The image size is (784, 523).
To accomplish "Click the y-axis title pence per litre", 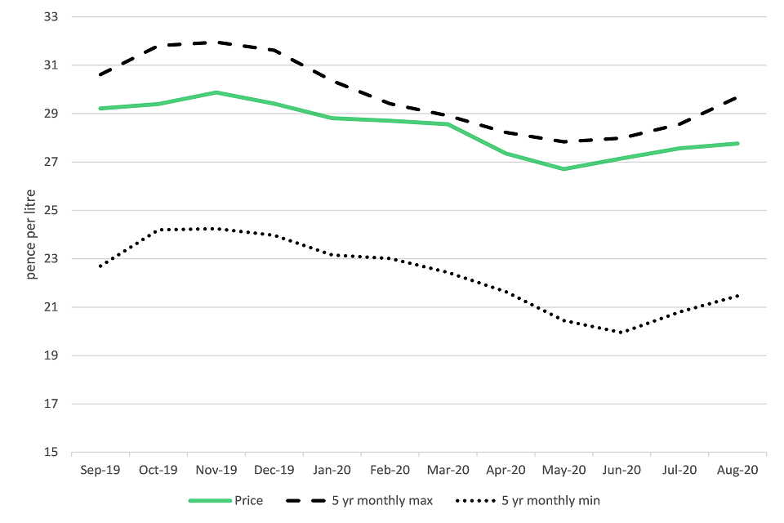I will [x=31, y=234].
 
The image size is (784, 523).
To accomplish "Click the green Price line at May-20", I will [x=563, y=169].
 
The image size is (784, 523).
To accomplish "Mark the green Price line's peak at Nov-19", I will [x=216, y=92].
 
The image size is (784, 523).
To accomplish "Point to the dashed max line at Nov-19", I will [x=216, y=42].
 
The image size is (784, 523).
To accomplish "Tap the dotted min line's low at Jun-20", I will [x=621, y=333].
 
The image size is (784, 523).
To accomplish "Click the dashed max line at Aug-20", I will [x=737, y=97].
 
